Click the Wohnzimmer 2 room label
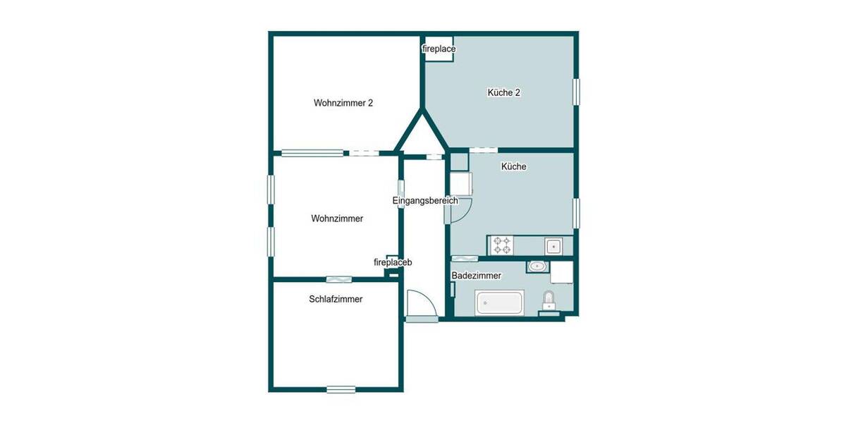pyautogui.click(x=343, y=103)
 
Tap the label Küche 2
pyautogui.click(x=503, y=92)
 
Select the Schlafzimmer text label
pyautogui.click(x=336, y=299)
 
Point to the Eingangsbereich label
pyautogui.click(x=425, y=201)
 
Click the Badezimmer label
pyautogui.click(x=477, y=276)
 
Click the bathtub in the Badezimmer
pyautogui.click(x=500, y=303)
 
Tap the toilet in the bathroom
pyautogui.click(x=548, y=302)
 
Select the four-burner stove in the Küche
pyautogui.click(x=503, y=245)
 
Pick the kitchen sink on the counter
pyautogui.click(x=553, y=246)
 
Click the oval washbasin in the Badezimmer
pyautogui.click(x=538, y=266)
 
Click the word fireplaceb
pyautogui.click(x=393, y=262)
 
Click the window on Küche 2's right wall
pyautogui.click(x=576, y=92)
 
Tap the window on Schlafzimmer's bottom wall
pyautogui.click(x=341, y=388)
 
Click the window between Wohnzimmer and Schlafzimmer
pyautogui.click(x=338, y=279)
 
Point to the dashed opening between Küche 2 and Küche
pyautogui.click(x=483, y=149)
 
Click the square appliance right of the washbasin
pyautogui.click(x=563, y=272)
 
